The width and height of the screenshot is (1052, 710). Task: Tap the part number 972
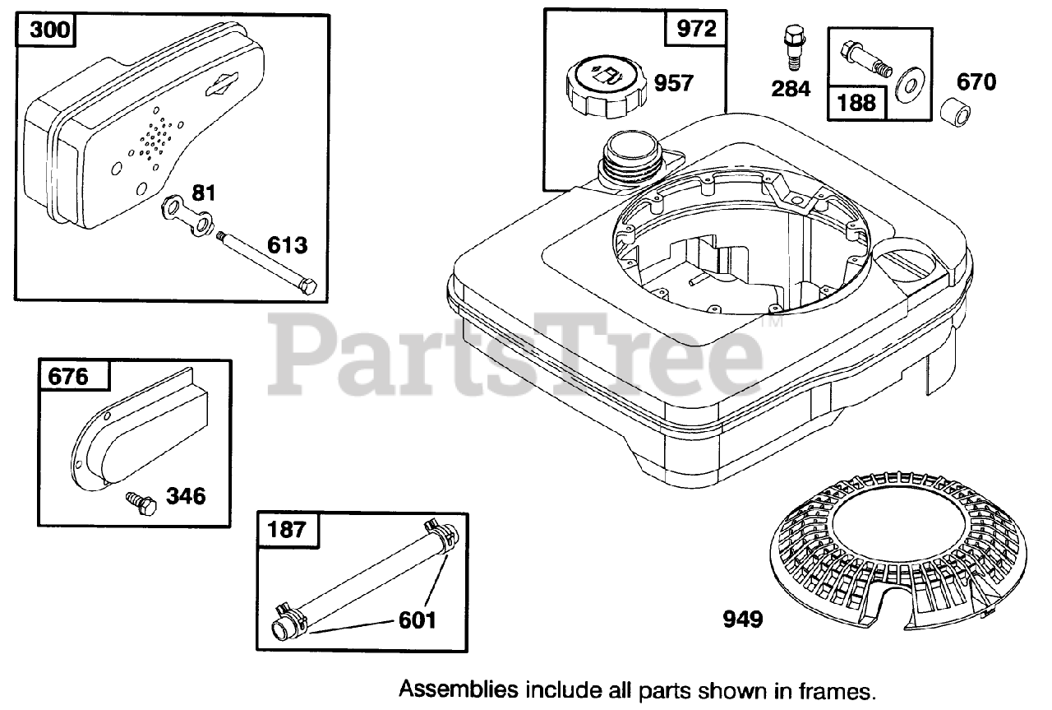click(695, 30)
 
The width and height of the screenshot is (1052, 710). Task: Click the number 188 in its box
click(856, 103)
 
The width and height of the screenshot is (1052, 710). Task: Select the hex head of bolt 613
click(307, 288)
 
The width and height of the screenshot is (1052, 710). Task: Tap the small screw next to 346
click(140, 503)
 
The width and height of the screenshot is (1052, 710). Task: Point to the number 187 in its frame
click(287, 529)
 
